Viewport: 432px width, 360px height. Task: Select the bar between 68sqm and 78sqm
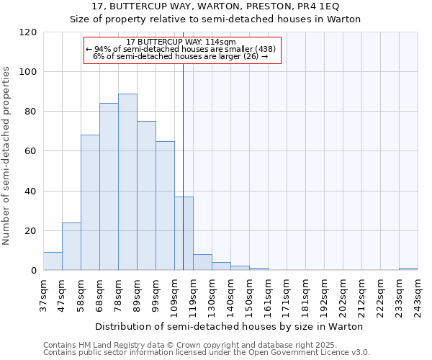[x=109, y=187]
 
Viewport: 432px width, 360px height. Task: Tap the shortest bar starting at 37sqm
[x=53, y=261]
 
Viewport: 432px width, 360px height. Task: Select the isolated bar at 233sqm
[x=408, y=269]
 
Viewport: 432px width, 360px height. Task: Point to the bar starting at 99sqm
[x=165, y=206]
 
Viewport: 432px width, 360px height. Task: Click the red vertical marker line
[x=184, y=144]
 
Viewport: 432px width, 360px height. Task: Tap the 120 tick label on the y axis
[x=29, y=32]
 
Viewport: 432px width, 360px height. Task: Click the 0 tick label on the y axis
[x=34, y=271]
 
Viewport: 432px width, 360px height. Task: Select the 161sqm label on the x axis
[x=268, y=296]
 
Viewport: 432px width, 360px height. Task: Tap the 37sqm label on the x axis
[x=43, y=296]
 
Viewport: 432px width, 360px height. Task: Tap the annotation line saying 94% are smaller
[x=181, y=49]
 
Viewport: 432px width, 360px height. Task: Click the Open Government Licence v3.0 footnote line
[x=207, y=353]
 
